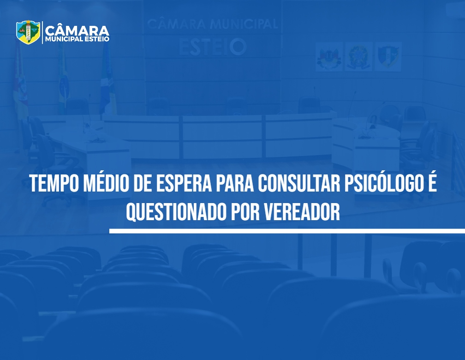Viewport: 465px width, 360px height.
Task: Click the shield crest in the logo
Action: [28, 32]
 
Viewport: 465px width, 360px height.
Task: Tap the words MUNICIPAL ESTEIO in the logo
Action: [77, 39]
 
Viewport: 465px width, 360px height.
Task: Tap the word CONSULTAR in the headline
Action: [299, 184]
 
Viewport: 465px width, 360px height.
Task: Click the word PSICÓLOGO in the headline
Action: [382, 182]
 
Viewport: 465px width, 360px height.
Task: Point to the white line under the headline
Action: [287, 231]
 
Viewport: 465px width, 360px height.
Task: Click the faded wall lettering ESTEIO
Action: [213, 47]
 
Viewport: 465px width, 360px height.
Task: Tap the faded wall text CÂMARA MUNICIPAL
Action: [213, 24]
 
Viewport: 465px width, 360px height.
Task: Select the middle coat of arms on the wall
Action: [358, 56]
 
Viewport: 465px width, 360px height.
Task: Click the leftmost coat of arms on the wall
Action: [329, 56]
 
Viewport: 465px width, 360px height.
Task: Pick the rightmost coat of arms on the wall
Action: [388, 56]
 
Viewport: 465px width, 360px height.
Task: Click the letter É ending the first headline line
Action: [432, 182]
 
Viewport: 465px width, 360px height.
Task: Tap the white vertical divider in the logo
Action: [42, 32]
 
